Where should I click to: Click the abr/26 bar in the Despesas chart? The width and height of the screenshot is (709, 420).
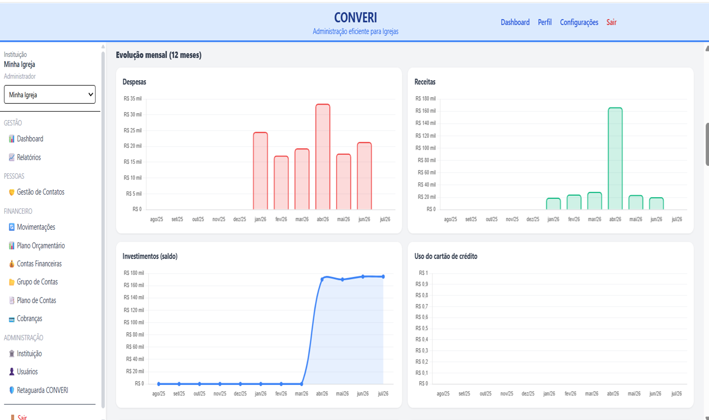pyautogui.click(x=323, y=157)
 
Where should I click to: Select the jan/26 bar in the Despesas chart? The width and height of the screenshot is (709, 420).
pyautogui.click(x=260, y=171)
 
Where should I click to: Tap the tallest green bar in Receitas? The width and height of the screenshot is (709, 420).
pyautogui.click(x=616, y=158)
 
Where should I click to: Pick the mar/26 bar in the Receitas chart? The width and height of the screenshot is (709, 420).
pyautogui.click(x=595, y=201)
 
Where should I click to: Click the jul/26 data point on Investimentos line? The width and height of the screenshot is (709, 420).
pyautogui.click(x=383, y=276)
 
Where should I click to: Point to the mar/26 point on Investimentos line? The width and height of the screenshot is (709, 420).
pyautogui.click(x=302, y=384)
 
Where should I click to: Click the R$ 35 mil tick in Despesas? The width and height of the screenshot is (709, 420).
pyautogui.click(x=133, y=98)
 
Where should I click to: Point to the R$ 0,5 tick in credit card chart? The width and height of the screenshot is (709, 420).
pyautogui.click(x=422, y=328)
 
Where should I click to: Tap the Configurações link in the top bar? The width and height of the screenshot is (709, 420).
pyautogui.click(x=579, y=22)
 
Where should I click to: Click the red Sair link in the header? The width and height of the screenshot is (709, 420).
pyautogui.click(x=611, y=22)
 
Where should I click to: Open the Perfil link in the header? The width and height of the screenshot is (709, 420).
pyautogui.click(x=544, y=22)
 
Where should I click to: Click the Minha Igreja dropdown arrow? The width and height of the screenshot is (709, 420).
pyautogui.click(x=90, y=95)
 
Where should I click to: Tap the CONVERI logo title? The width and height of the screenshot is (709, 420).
pyautogui.click(x=355, y=18)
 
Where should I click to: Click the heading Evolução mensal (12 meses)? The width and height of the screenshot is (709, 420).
pyautogui.click(x=159, y=55)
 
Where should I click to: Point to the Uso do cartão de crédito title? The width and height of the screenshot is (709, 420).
pyautogui.click(x=446, y=256)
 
